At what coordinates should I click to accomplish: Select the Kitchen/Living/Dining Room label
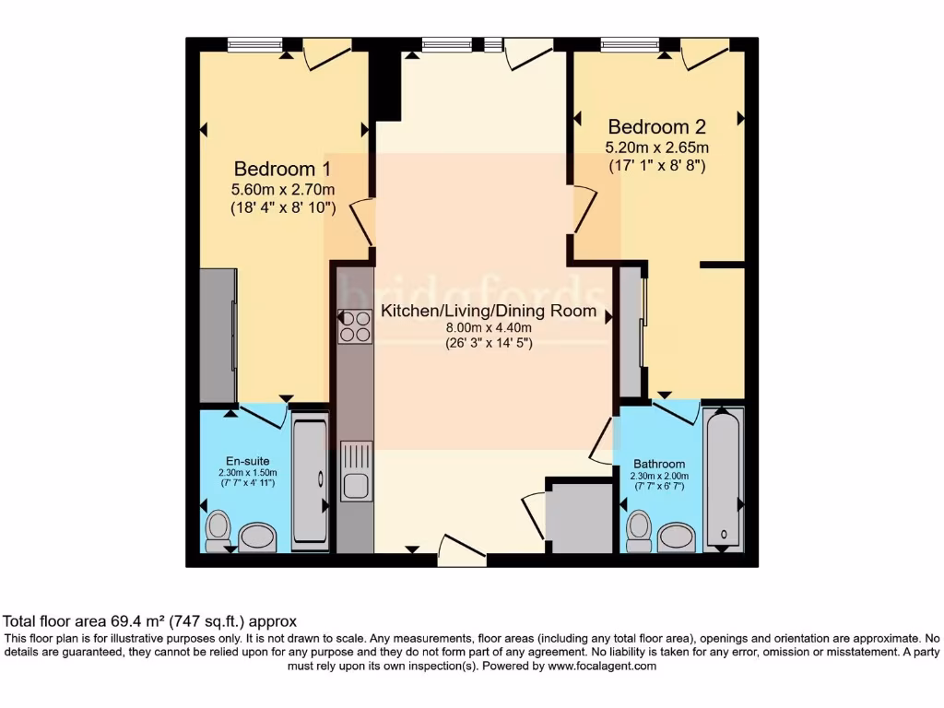click(489, 311)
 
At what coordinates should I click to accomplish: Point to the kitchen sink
click(356, 471)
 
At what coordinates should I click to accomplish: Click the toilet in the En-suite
click(218, 529)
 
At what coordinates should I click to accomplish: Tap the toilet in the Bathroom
click(637, 529)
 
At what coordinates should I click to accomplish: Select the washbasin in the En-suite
click(258, 537)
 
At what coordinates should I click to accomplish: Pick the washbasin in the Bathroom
click(678, 537)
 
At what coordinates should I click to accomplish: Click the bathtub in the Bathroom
click(723, 479)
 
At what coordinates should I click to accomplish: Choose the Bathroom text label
click(659, 464)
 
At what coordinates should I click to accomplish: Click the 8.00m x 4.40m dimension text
click(489, 327)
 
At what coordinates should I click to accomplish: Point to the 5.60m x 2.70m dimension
click(282, 190)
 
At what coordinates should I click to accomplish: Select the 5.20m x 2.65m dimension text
click(656, 147)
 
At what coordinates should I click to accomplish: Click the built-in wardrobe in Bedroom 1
click(218, 336)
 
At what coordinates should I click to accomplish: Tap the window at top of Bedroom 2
click(630, 43)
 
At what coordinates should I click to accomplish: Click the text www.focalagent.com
click(601, 666)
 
